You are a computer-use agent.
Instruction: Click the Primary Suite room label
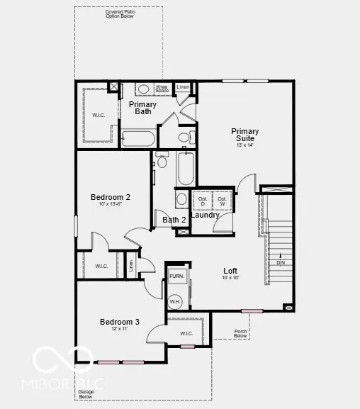pyautogui.click(x=244, y=134)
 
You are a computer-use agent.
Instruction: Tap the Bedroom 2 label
pyautogui.click(x=110, y=197)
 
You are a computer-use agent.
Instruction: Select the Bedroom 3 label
pyautogui.click(x=119, y=322)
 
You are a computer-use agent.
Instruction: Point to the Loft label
pyautogui.click(x=230, y=271)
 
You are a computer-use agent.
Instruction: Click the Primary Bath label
pyautogui.click(x=142, y=108)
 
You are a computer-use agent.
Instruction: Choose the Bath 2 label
pyautogui.click(x=174, y=220)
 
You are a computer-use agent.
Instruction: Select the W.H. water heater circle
pyautogui.click(x=175, y=301)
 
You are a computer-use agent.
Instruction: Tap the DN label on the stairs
pyautogui.click(x=281, y=263)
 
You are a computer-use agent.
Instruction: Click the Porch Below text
pyautogui.click(x=241, y=332)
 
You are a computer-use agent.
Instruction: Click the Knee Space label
pyautogui.click(x=162, y=89)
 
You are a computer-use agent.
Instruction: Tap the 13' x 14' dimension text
pyautogui.click(x=244, y=145)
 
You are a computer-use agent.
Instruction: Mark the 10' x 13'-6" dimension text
pyautogui.click(x=110, y=205)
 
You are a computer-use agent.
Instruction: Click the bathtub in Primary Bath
pyautogui.click(x=137, y=138)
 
